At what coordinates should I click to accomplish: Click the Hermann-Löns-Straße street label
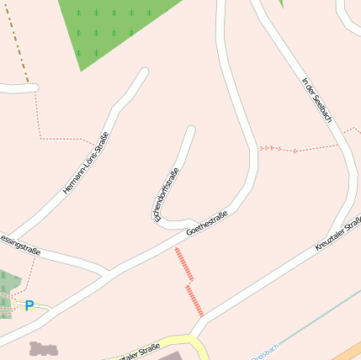point(86,163)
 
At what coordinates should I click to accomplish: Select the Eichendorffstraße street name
point(166,194)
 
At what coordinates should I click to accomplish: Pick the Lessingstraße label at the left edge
point(17,241)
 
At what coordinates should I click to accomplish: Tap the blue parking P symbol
point(29,306)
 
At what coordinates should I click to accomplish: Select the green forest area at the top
point(114,25)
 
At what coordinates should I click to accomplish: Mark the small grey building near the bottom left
point(42,348)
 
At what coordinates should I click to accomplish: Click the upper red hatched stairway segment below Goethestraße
point(183,263)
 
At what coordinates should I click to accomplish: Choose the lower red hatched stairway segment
point(194,300)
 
